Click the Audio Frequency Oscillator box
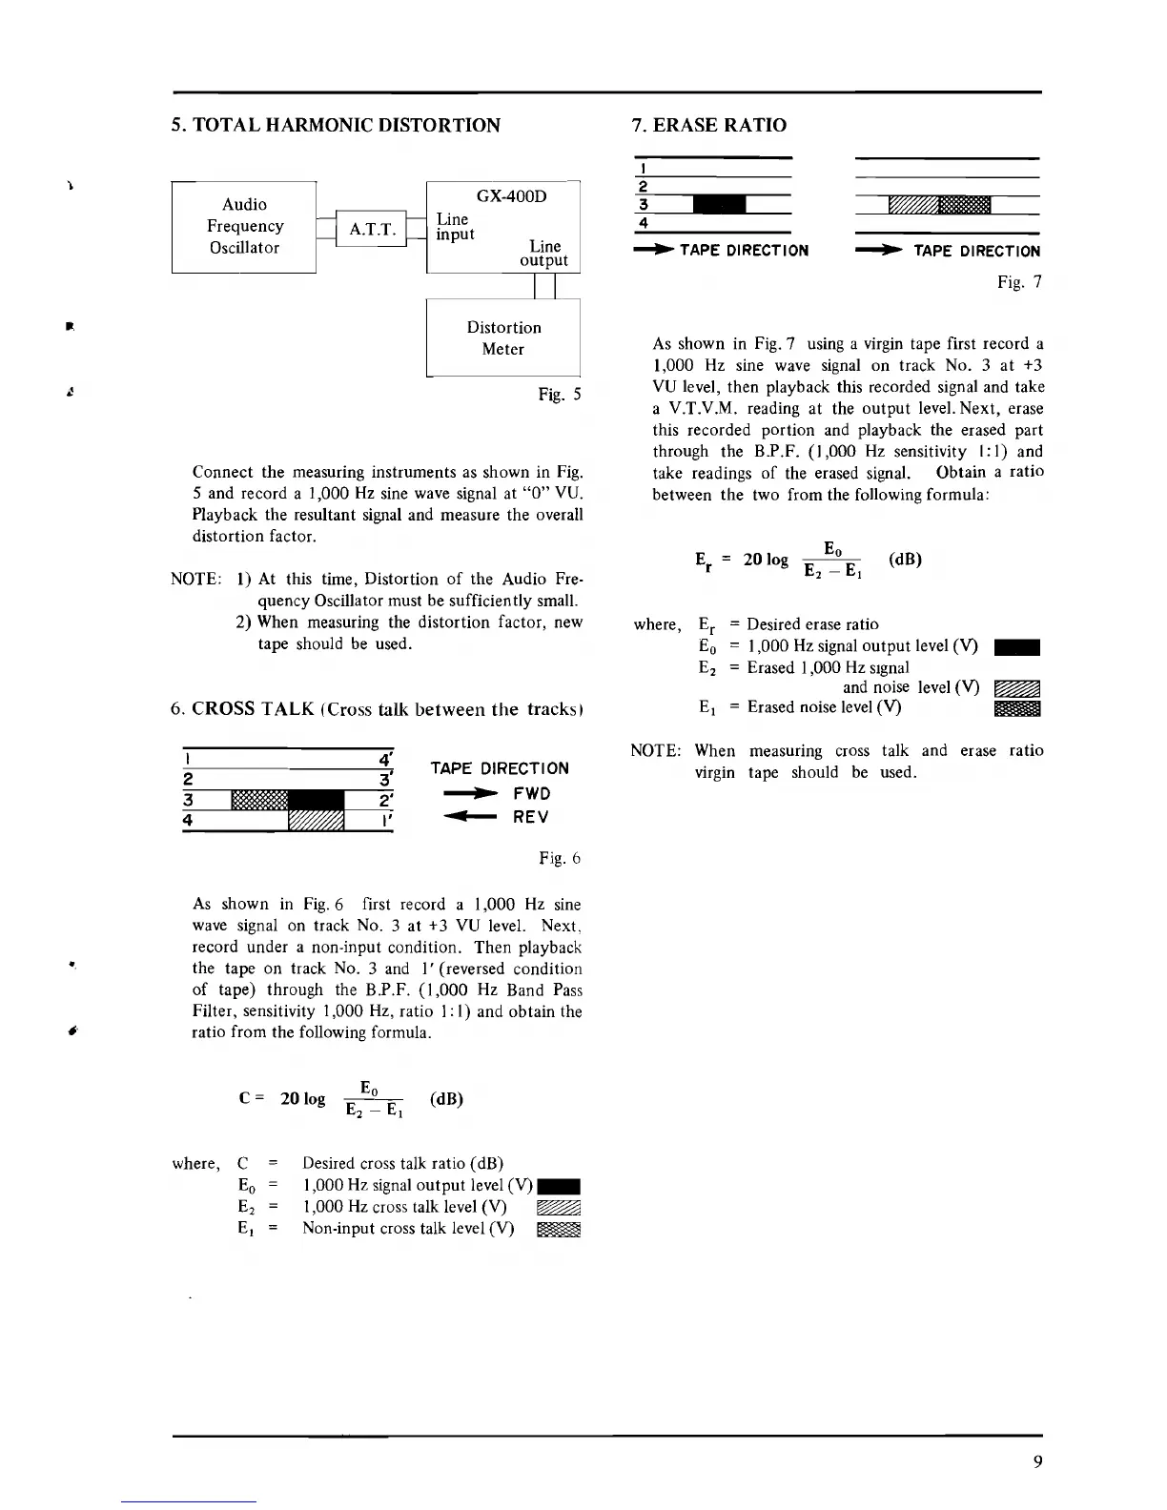click(244, 226)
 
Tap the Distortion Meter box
click(503, 337)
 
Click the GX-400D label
click(511, 195)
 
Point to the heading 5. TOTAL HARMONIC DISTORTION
click(335, 125)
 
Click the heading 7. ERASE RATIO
click(709, 125)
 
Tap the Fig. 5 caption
click(560, 394)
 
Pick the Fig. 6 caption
click(560, 858)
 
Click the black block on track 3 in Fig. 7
click(719, 205)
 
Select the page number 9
click(1036, 1461)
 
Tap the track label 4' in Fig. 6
click(385, 760)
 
